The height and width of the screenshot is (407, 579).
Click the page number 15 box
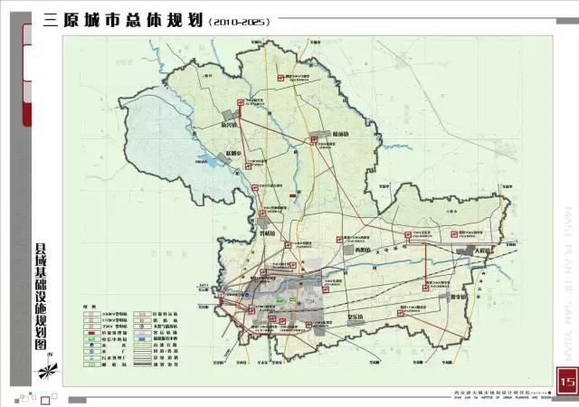(x=566, y=382)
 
